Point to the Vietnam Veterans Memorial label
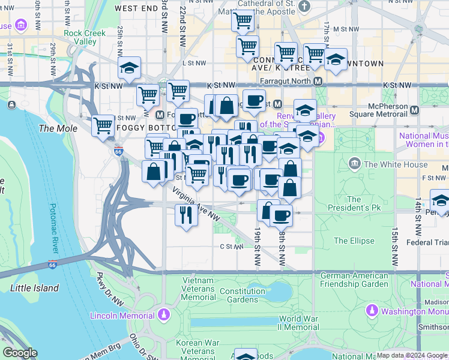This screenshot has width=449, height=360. (x=198, y=289)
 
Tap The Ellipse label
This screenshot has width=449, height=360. (x=354, y=241)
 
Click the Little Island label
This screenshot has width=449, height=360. (x=35, y=288)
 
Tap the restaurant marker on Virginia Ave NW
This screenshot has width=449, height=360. (x=186, y=215)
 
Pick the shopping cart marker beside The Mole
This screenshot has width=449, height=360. (x=103, y=125)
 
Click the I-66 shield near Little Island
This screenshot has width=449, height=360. (x=53, y=264)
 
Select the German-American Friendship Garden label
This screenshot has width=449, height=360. (x=354, y=280)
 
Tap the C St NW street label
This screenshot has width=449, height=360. (x=230, y=246)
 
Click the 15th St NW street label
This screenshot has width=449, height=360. (x=395, y=247)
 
